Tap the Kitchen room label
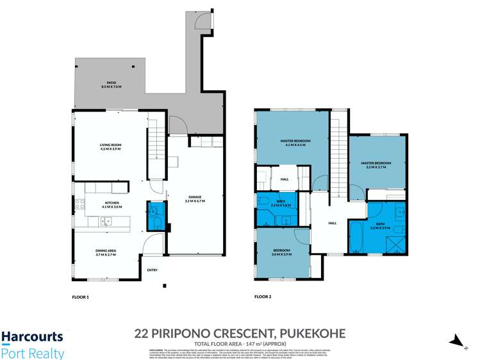112,204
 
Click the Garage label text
195,199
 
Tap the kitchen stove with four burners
79,204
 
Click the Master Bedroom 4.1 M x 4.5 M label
295,142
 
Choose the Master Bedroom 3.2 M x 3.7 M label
376,165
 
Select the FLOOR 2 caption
263,297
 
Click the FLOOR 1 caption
80,297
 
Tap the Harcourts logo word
32,336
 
